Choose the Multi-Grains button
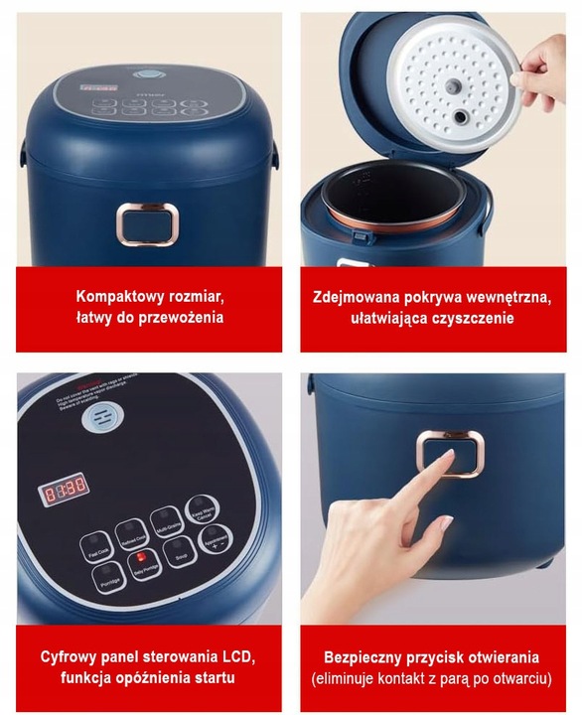[165, 519]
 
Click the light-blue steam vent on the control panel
[98, 419]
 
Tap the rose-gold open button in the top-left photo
[148, 223]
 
